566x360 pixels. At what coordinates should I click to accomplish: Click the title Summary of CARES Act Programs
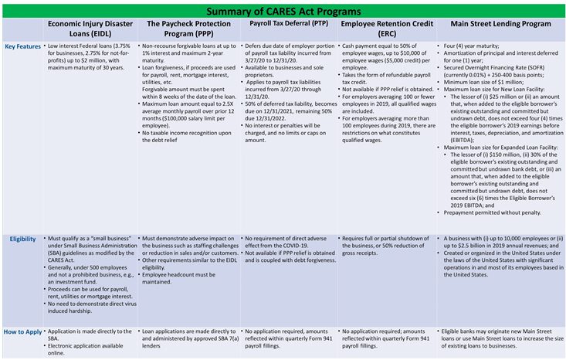283,10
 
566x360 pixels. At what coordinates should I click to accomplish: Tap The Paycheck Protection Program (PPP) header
188,29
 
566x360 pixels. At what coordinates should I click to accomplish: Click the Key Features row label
20,47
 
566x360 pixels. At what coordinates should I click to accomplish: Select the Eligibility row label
22,239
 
